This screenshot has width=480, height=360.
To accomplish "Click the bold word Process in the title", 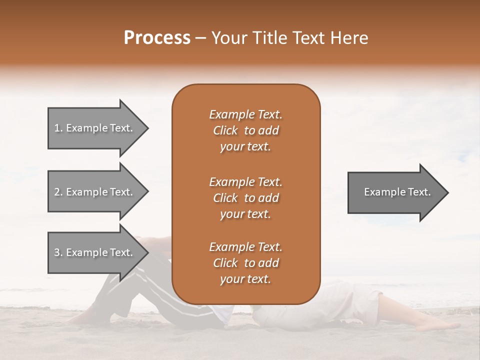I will coord(157,38).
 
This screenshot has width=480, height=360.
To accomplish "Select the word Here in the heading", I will coord(349,38).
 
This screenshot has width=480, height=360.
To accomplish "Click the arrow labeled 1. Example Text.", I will coord(95,128).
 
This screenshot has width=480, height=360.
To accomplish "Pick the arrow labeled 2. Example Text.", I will coord(95,192).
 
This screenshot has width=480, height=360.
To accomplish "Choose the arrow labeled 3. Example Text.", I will coord(95,252).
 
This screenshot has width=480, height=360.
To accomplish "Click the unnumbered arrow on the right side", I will coord(395,192).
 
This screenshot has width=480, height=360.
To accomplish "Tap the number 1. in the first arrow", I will coord(58,128).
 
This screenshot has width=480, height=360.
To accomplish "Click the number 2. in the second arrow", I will coord(58,192).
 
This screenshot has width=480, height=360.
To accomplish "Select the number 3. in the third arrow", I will coord(58,252).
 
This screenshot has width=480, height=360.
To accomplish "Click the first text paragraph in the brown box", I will coord(245,130).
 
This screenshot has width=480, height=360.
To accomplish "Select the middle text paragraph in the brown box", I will coord(245,198).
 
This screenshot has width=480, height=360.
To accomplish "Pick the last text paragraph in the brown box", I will coord(245,263).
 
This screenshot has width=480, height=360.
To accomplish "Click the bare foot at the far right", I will coord(440,325).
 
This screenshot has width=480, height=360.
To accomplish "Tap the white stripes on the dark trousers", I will coord(150,295).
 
